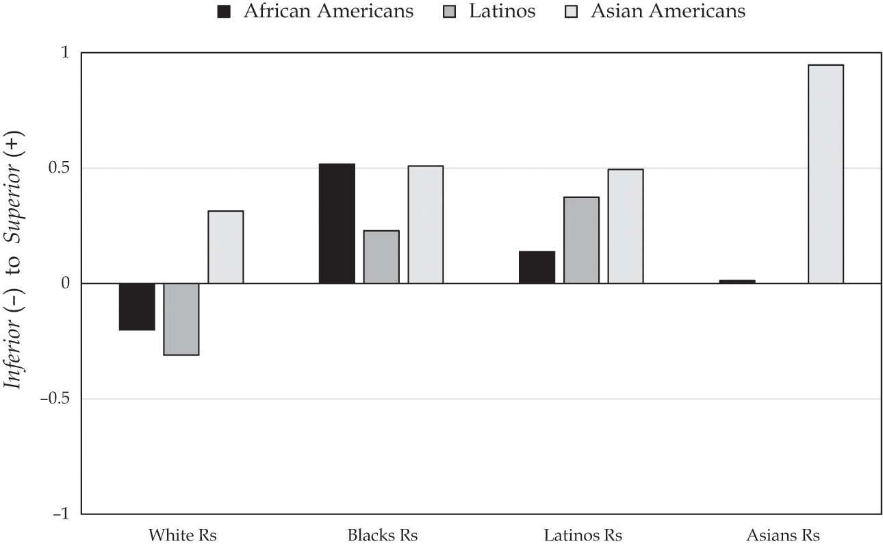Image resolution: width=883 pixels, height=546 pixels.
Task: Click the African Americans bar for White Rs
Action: pos(137,306)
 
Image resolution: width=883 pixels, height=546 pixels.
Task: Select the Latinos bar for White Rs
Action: pos(181,319)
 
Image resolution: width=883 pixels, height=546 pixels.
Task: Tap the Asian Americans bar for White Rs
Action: pos(225,247)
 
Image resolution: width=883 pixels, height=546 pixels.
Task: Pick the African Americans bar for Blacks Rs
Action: pos(337,223)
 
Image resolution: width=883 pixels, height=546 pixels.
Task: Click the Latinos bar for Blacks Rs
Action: pos(381,257)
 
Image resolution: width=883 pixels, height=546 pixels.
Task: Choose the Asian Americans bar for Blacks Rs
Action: pos(426,225)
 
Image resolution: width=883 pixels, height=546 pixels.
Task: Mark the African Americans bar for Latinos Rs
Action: pos(537,267)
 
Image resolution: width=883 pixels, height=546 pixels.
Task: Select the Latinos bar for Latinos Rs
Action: pos(581,240)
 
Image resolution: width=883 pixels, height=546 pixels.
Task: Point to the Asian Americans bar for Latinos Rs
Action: pos(626,226)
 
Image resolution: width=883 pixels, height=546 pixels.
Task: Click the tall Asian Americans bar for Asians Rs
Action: pos(826,174)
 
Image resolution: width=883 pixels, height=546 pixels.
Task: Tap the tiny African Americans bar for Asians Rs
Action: pos(737,282)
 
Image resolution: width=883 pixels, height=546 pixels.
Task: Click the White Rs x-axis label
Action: pos(182,535)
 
